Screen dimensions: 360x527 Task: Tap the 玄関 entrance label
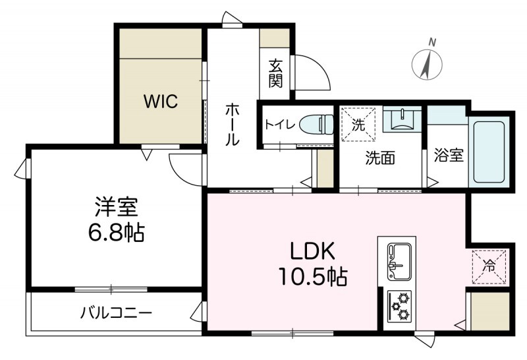point(275,75)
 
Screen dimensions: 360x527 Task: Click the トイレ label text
point(279,124)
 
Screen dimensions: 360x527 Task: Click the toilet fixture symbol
point(317,123)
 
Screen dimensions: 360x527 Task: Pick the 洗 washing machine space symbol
point(358,124)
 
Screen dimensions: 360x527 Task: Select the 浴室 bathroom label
point(449,156)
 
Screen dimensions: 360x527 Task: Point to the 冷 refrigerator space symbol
point(489,266)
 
